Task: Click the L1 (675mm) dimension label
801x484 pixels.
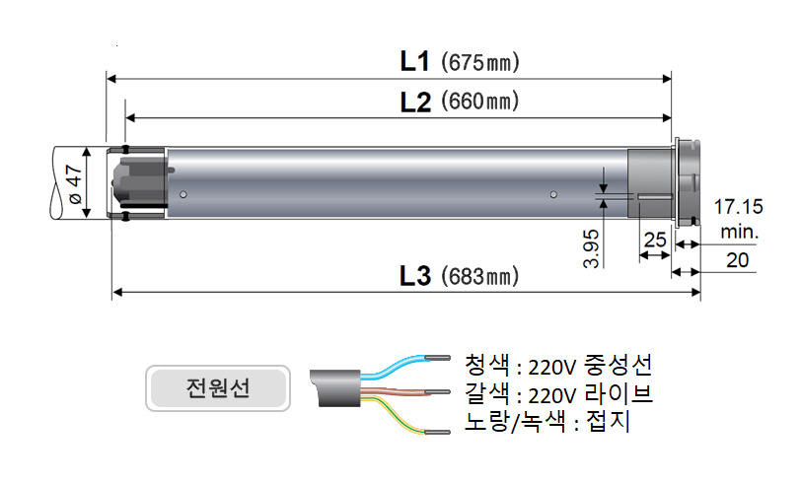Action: [459, 61]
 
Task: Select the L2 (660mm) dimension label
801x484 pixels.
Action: [459, 101]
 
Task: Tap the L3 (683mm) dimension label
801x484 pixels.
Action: [459, 276]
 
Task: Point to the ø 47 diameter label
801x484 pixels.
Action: [72, 184]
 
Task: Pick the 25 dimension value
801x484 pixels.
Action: [654, 240]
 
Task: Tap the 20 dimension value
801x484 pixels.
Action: [736, 260]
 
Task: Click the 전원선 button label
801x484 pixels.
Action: [217, 387]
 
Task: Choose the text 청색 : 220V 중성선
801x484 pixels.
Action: [557, 367]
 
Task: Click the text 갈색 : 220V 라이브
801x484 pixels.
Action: [559, 394]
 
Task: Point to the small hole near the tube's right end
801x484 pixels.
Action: [554, 192]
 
